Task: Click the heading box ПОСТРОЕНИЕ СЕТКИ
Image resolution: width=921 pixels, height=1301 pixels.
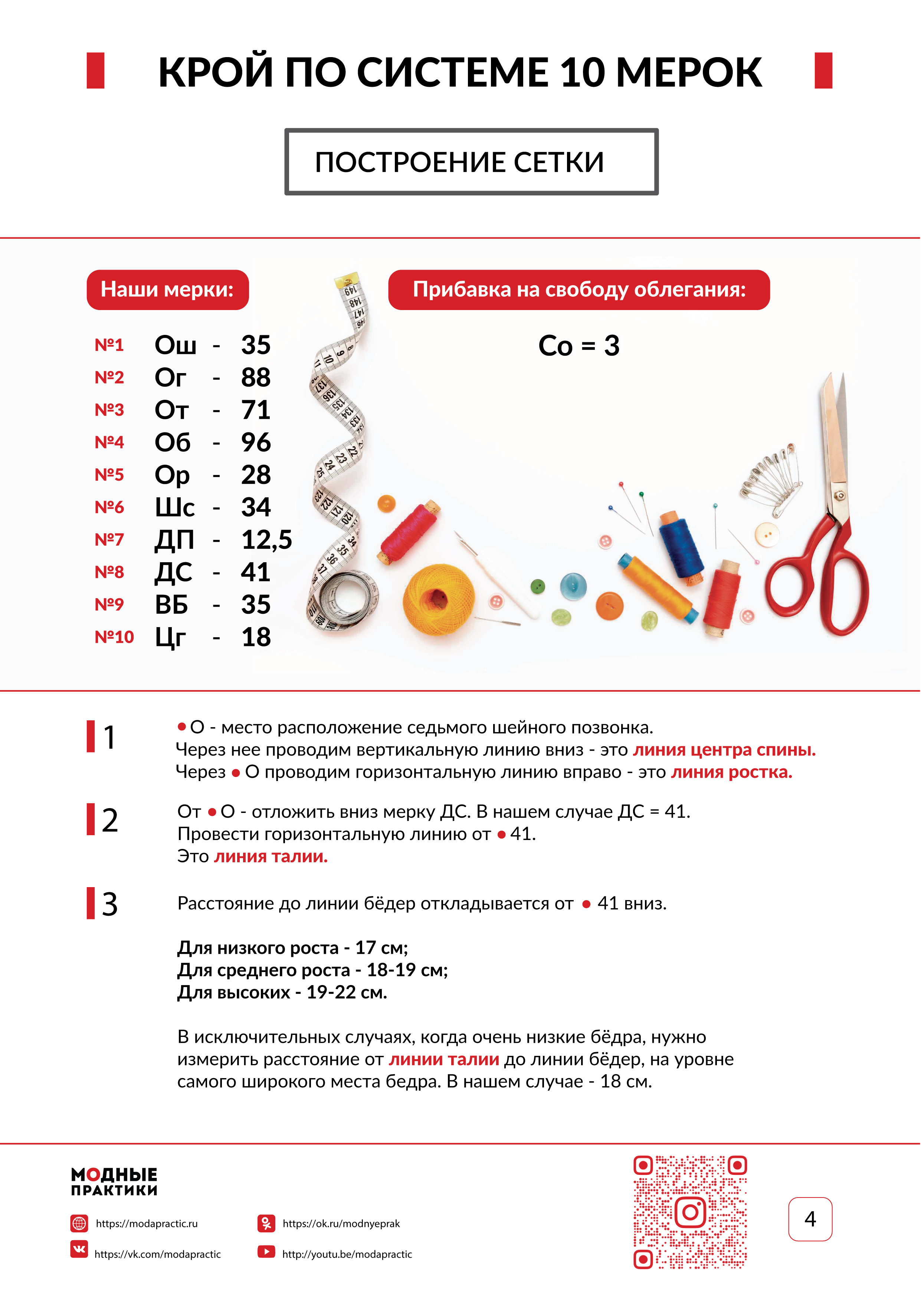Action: (x=471, y=162)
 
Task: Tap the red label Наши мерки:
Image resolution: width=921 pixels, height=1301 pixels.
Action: (x=167, y=290)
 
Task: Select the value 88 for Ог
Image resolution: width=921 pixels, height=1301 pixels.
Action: (x=256, y=378)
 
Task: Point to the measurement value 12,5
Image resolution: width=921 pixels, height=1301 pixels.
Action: (x=266, y=540)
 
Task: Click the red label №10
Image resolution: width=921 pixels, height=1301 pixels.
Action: (x=114, y=637)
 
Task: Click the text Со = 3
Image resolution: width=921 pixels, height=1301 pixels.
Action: (x=579, y=346)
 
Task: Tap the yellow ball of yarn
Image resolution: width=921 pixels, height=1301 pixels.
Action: (x=438, y=599)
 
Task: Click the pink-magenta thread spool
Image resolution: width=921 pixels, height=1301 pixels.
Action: (x=409, y=531)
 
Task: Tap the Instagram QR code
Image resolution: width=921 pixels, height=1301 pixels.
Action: (x=689, y=1212)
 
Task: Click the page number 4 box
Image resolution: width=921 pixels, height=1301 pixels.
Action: (x=810, y=1219)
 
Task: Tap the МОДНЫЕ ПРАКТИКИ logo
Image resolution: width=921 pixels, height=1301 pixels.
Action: (x=114, y=1182)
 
